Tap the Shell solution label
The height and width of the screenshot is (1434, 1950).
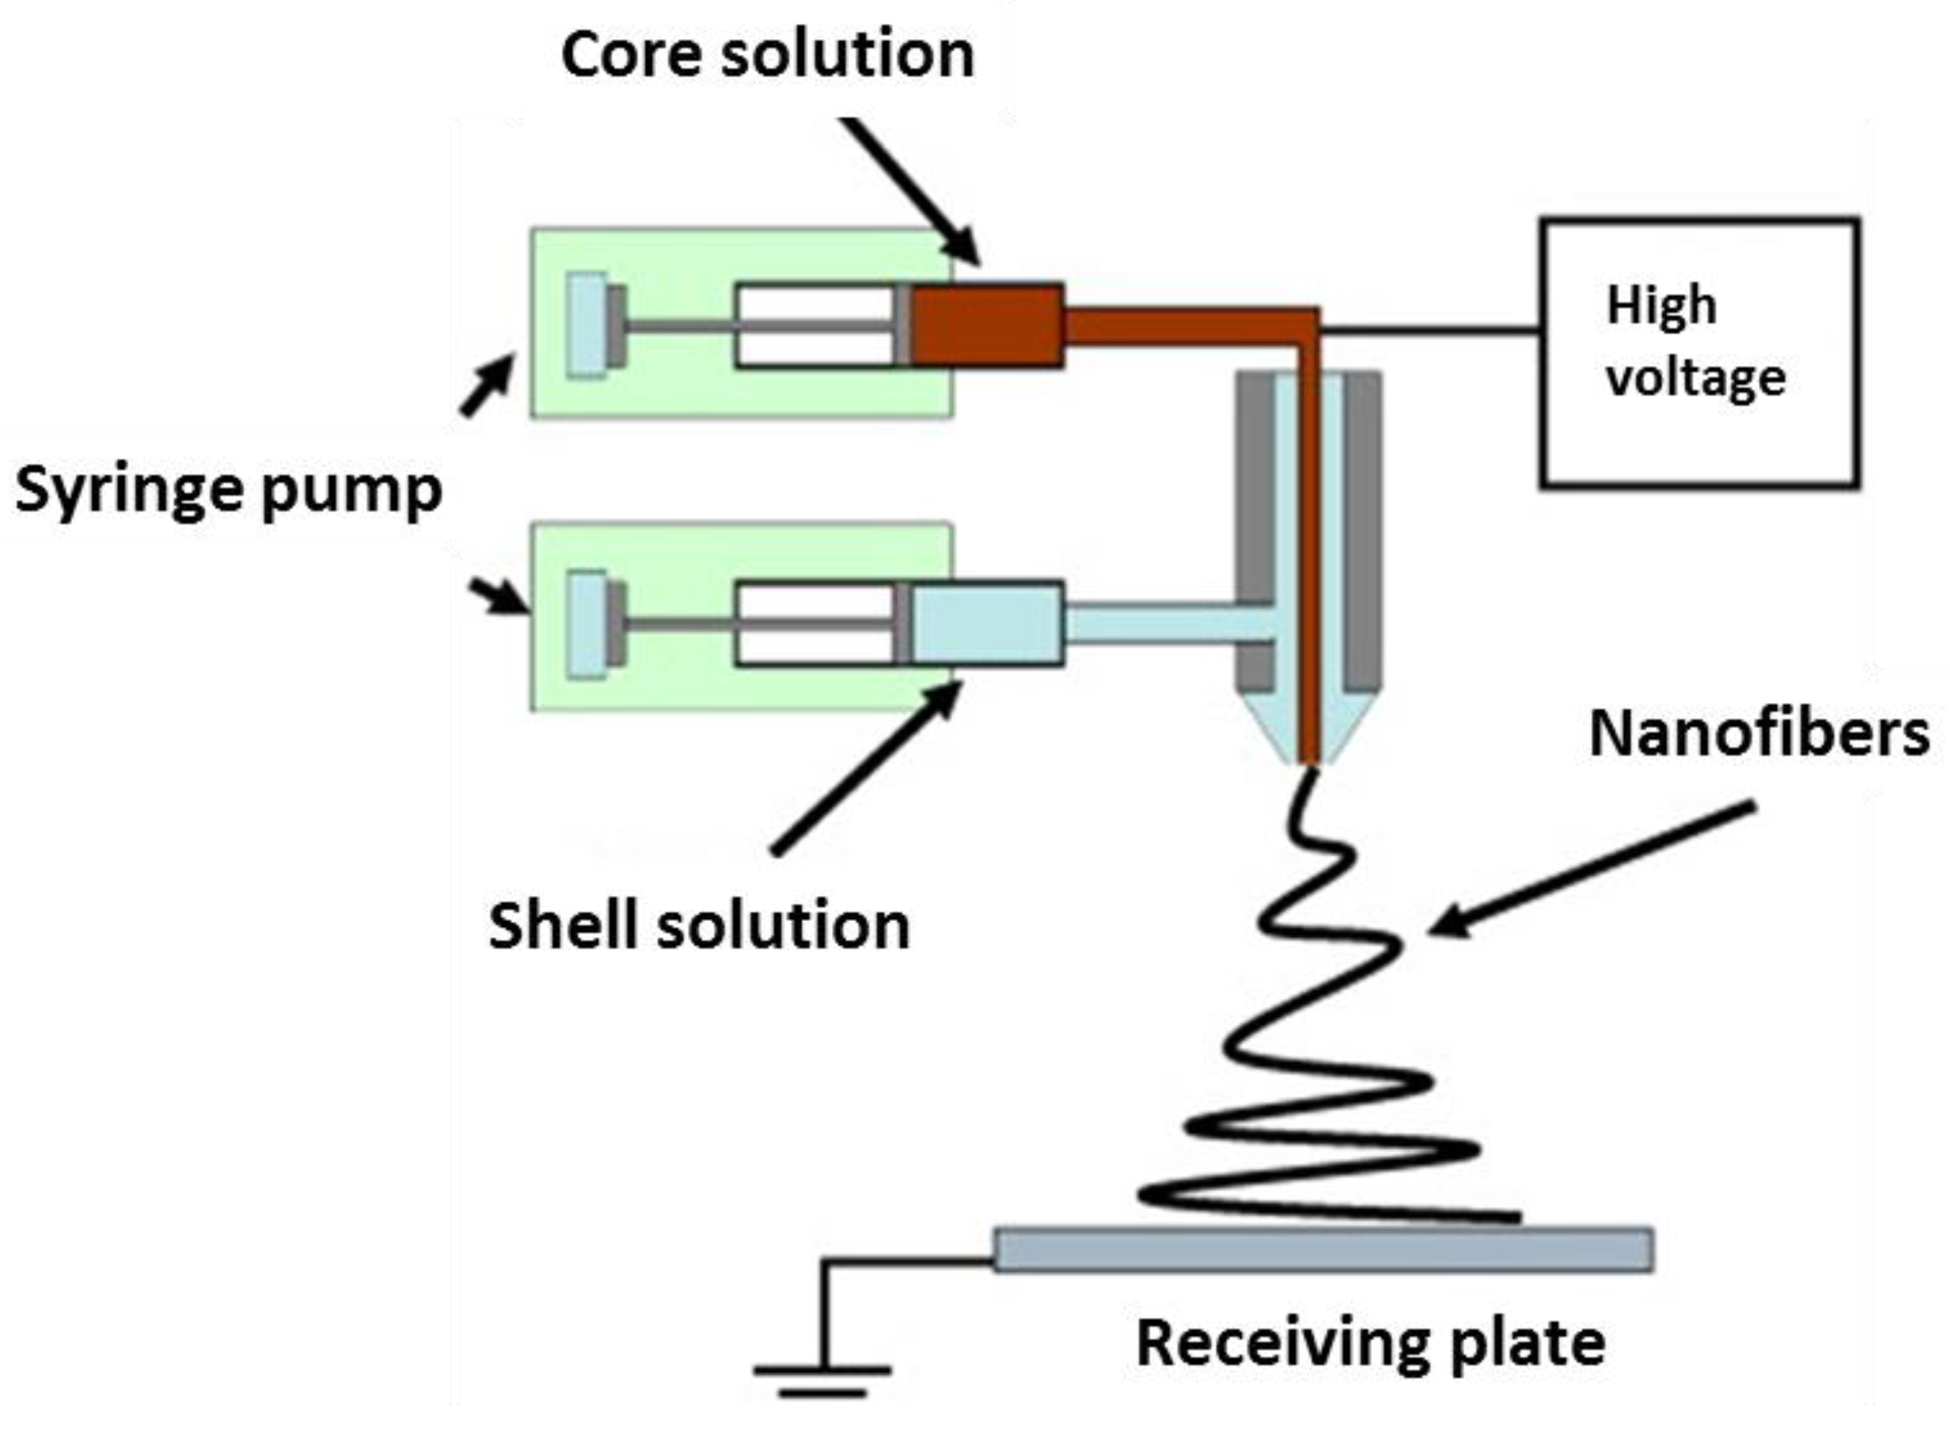point(699,926)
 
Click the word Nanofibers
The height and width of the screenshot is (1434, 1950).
point(1759,734)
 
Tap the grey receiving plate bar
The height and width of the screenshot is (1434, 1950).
point(1322,1250)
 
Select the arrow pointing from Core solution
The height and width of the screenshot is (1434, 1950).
point(912,191)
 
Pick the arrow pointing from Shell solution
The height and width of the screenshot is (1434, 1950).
point(868,768)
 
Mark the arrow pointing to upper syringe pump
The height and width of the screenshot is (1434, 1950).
point(487,386)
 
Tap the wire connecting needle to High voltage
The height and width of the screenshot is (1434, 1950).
point(1428,330)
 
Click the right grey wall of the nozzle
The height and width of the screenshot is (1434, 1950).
point(1361,530)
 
